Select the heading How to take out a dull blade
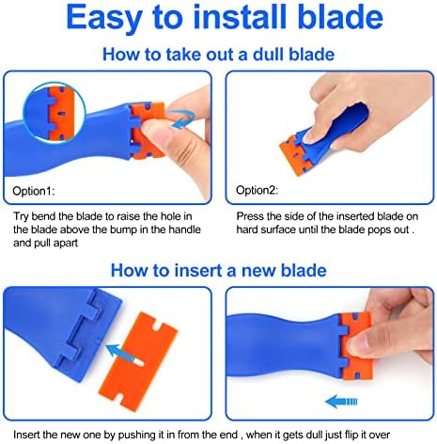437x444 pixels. pyautogui.click(x=218, y=55)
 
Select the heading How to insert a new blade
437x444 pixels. pyautogui.click(x=218, y=270)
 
